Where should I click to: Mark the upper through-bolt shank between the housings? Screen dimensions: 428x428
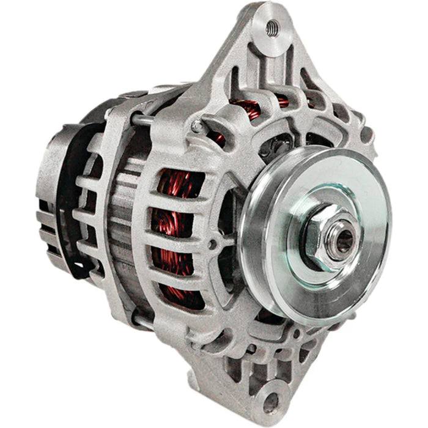click(x=144, y=120)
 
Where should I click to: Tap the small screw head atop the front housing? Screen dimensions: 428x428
click(x=196, y=126)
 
